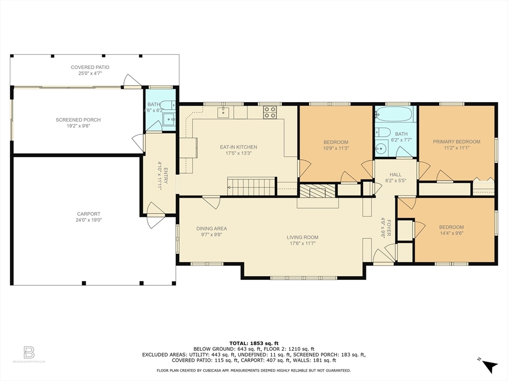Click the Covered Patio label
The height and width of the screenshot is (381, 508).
(x=90, y=67)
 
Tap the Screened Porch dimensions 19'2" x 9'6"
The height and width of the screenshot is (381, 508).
(x=78, y=126)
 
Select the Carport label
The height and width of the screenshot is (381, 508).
(x=89, y=214)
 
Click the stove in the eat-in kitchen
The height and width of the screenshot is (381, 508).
(x=269, y=113)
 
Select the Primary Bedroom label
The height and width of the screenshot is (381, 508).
(x=456, y=141)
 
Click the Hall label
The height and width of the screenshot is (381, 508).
(x=395, y=175)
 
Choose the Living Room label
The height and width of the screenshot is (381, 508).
(x=302, y=237)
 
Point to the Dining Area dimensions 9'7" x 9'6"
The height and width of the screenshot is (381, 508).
(x=211, y=235)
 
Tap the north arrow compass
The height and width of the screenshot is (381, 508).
(x=489, y=366)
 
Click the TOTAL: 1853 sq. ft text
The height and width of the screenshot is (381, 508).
(x=254, y=343)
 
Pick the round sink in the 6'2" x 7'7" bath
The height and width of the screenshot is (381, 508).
(x=381, y=148)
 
